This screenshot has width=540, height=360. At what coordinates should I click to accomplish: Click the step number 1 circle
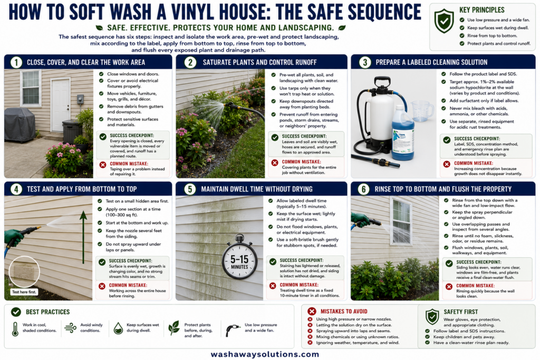[x=16, y=62]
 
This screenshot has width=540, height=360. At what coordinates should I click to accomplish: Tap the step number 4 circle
[x=16, y=189]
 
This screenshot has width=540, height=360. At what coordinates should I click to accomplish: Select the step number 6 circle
[x=363, y=189]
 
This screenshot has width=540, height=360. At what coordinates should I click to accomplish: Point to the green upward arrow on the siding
[x=83, y=238]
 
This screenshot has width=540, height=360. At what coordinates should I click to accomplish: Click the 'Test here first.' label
[x=24, y=292]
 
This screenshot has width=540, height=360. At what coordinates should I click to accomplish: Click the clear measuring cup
[x=422, y=111]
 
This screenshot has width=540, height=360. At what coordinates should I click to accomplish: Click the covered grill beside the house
[x=20, y=124]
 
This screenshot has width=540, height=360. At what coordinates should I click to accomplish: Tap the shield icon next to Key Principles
[x=444, y=21]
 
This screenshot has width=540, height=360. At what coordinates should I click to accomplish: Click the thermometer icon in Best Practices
[x=15, y=329]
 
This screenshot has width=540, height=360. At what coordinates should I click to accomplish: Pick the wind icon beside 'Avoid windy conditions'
[x=71, y=328]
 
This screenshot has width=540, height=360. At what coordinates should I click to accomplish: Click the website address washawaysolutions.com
[x=265, y=354]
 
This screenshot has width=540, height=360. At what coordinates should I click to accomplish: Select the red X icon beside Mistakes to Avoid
[x=312, y=312]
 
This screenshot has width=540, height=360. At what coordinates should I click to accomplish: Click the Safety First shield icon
[x=432, y=317]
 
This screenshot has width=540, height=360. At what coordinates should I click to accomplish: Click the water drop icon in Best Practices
[x=118, y=328]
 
